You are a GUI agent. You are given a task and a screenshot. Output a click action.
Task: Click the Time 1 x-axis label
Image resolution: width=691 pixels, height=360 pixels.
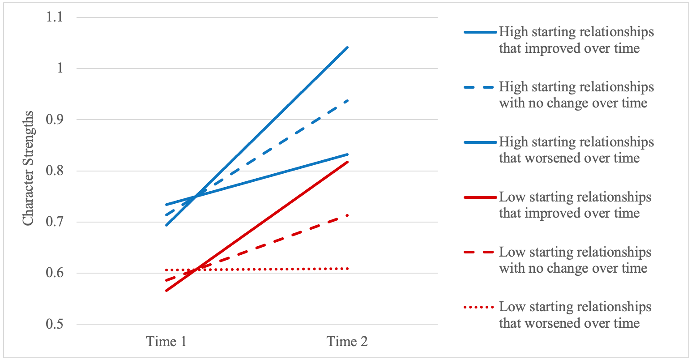tap(166, 342)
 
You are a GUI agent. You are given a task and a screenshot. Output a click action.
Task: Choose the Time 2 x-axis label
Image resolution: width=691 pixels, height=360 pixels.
tap(347, 342)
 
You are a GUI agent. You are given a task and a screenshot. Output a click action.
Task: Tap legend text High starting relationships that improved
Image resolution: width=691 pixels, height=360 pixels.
tap(576, 40)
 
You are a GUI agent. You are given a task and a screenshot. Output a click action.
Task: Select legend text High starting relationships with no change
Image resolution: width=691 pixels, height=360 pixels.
tap(576, 95)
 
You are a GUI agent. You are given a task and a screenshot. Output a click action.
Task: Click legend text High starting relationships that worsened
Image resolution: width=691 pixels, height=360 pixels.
tap(576, 150)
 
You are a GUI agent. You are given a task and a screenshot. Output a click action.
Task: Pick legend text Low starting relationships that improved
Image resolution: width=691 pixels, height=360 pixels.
tap(575, 205)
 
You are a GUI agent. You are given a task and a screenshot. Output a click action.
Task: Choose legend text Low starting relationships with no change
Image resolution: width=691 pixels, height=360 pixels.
tap(575, 260)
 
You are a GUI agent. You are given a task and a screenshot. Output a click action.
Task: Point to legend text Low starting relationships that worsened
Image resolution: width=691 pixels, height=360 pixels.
tap(575, 315)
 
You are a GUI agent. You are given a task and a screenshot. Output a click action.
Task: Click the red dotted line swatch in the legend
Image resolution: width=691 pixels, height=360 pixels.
tap(480, 308)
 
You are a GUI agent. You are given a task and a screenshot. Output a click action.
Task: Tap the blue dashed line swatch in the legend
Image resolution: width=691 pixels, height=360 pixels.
tap(480, 87)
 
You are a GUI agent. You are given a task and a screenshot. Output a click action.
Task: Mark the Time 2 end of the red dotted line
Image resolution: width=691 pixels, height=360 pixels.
tap(347, 269)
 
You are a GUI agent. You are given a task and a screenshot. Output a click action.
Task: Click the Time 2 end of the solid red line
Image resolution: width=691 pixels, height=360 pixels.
tap(348, 162)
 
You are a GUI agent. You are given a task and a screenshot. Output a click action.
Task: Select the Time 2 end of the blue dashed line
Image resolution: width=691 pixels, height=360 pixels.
tap(348, 100)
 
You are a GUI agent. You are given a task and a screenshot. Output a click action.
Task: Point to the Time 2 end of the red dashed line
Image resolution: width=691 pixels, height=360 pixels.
tap(348, 215)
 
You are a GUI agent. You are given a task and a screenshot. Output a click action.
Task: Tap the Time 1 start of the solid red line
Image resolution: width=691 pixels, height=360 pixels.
tap(166, 291)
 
